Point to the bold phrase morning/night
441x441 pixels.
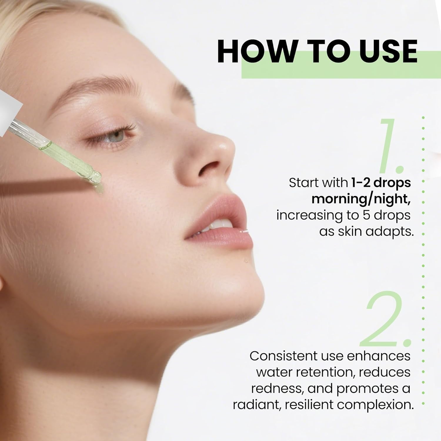pyautogui.click(x=361, y=199)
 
